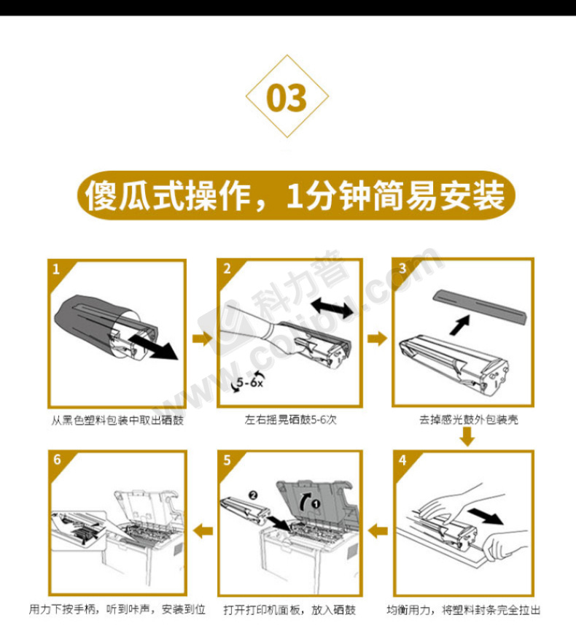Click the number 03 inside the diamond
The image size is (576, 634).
[287, 98]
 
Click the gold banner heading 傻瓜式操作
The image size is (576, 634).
[296, 196]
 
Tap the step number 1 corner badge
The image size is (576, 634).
[57, 269]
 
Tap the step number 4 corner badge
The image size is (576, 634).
[402, 460]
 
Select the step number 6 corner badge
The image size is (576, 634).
[57, 460]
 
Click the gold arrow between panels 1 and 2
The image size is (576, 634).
[202, 339]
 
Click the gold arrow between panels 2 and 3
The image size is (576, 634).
[377, 339]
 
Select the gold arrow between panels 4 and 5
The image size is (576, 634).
[378, 530]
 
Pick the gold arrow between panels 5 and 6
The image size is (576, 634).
[203, 530]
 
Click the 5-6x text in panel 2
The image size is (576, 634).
[249, 382]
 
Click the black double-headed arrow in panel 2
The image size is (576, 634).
[332, 307]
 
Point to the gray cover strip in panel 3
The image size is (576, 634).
[480, 306]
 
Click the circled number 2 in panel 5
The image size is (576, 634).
[253, 495]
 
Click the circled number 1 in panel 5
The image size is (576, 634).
[316, 504]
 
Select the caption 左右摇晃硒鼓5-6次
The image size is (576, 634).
[290, 420]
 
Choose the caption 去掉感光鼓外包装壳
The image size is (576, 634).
[469, 420]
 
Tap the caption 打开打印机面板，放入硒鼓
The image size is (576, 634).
[289, 610]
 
